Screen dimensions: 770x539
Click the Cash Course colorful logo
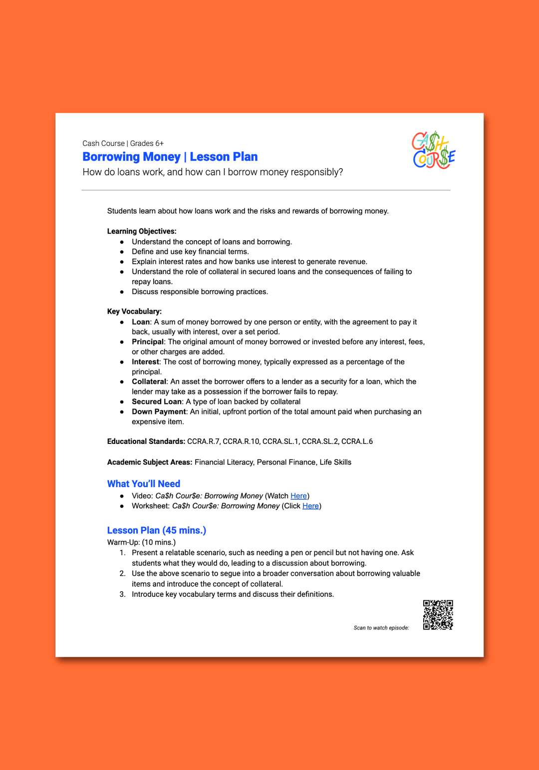point(433,150)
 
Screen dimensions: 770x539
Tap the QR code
point(438,615)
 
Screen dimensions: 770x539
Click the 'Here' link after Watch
point(298,496)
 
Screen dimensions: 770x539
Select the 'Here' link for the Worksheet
point(310,506)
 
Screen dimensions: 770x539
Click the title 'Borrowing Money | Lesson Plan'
point(170,157)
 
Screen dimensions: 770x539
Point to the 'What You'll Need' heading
point(143,483)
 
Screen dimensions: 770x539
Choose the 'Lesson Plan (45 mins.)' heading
point(156,530)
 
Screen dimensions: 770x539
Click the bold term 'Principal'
point(148,342)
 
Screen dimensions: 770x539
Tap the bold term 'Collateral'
point(149,382)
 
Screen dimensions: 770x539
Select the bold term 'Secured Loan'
point(156,401)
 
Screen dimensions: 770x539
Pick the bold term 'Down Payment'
point(159,411)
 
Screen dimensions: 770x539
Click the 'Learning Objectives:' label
point(142,231)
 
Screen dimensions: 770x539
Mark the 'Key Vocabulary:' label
point(134,311)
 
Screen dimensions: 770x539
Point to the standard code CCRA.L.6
point(357,441)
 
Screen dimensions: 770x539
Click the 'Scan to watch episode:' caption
point(381,628)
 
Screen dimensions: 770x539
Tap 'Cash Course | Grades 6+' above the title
point(123,143)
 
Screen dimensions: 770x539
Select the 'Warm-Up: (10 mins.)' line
point(141,542)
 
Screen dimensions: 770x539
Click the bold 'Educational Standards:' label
point(146,441)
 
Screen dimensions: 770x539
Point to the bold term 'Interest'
point(145,362)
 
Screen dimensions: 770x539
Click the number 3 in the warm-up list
point(122,594)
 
